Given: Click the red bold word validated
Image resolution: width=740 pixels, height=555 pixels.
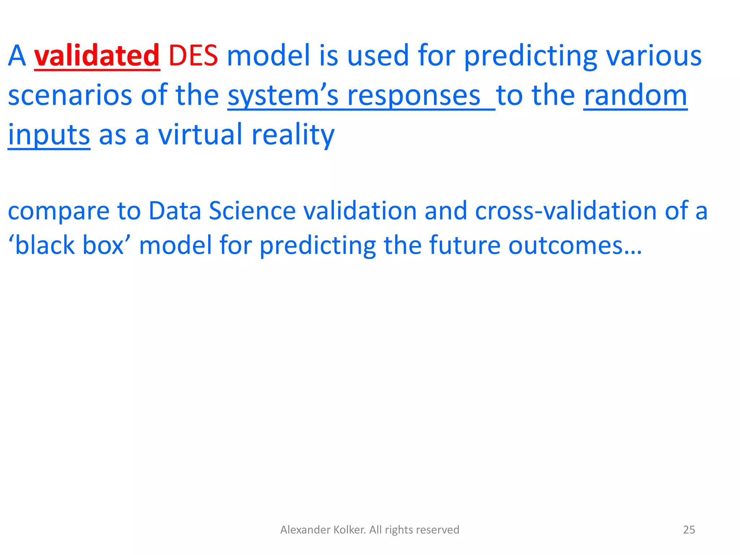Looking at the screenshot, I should tap(97, 56).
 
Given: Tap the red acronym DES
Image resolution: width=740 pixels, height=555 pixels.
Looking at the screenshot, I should tap(193, 56).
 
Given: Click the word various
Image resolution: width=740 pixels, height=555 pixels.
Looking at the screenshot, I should tap(654, 56).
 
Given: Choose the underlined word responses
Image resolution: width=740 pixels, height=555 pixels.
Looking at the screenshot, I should tap(413, 96).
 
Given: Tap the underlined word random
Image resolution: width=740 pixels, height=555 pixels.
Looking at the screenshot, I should tap(635, 95).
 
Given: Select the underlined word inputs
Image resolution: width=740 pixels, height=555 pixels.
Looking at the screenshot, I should tap(49, 135).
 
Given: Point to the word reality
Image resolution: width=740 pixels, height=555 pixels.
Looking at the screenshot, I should tap(293, 135).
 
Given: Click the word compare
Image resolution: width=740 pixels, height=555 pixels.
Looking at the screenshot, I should tap(59, 212).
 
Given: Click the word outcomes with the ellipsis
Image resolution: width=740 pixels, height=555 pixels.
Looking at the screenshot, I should tap(575, 245).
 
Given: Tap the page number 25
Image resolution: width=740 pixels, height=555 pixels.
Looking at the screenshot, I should tap(689, 530).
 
